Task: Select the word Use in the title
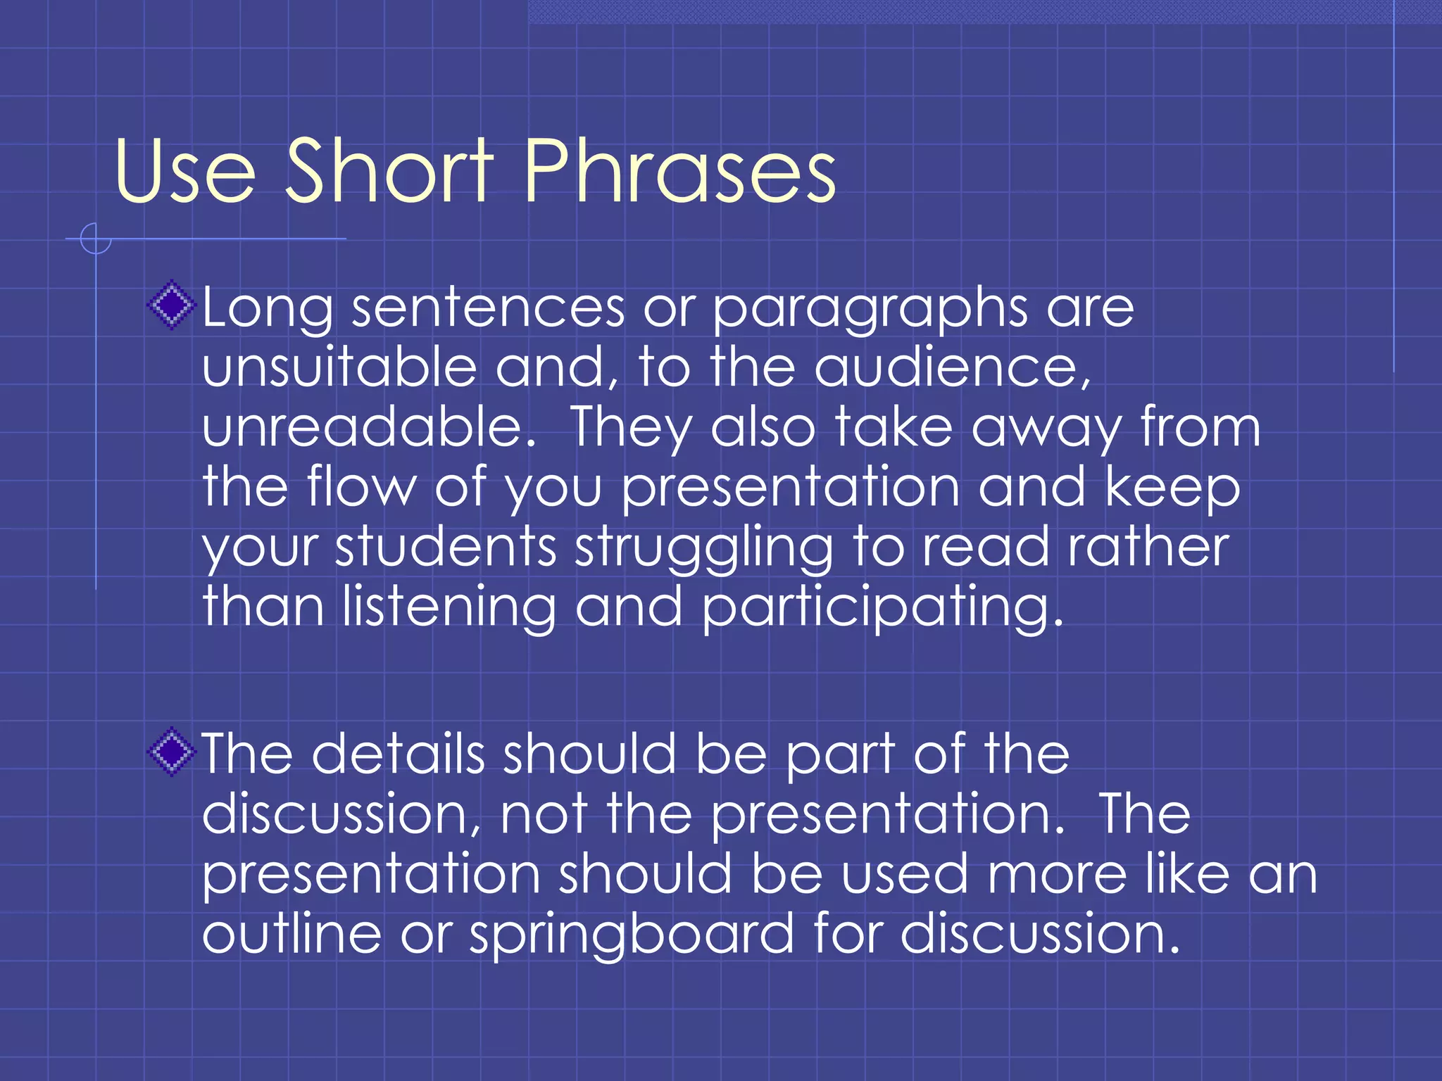coord(184,172)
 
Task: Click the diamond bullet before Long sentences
coord(171,305)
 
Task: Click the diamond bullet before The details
coord(171,752)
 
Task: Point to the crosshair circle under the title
coord(96,239)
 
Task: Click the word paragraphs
coord(870,310)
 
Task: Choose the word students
coord(446,548)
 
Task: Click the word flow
coord(361,487)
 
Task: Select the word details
coord(398,754)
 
